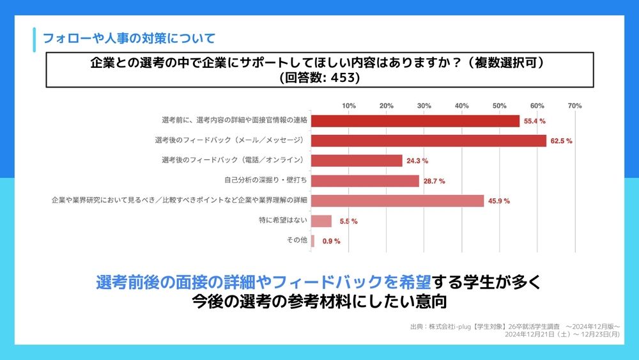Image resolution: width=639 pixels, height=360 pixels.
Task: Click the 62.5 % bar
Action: pos(428,141)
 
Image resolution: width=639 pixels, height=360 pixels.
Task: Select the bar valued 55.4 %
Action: pos(415,121)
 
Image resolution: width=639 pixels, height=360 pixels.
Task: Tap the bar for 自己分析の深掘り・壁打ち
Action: pos(365,181)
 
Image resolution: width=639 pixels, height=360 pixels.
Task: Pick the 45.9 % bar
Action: pos(397,201)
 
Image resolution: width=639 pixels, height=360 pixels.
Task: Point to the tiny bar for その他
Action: pos(312,241)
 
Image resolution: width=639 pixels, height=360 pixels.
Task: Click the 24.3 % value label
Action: pos(417,161)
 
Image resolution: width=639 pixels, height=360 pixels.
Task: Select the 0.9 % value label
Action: pos(331,242)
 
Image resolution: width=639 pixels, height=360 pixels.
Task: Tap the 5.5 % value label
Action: pos(348,222)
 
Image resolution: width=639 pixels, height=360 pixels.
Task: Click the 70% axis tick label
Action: pos(574,106)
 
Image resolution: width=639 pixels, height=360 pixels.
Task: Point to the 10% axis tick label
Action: pos(349,106)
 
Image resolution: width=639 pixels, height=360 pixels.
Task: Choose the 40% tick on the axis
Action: pos(461,106)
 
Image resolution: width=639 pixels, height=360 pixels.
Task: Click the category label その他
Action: pos(298,240)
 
